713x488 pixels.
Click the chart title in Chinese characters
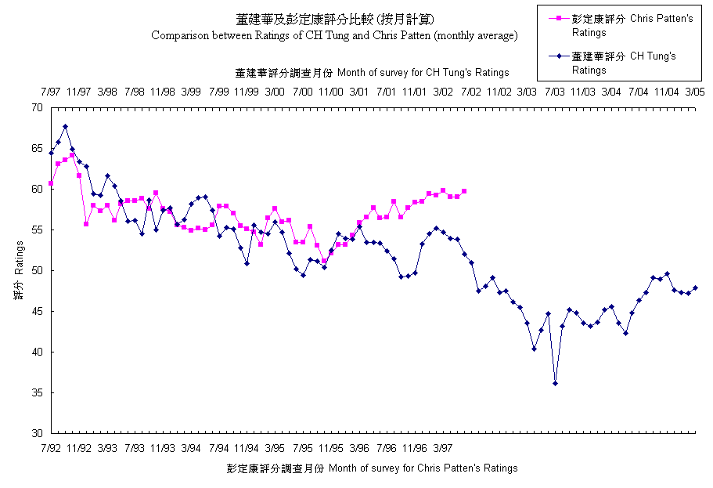click(x=334, y=19)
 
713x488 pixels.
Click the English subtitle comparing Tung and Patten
click(x=334, y=35)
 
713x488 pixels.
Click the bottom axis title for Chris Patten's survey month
click(x=372, y=468)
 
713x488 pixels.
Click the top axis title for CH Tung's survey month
click(x=372, y=72)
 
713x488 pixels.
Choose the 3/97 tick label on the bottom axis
click(x=443, y=448)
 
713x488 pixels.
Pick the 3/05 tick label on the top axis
click(x=695, y=92)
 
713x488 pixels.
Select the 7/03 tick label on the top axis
click(x=555, y=92)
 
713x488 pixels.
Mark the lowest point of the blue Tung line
click(x=555, y=383)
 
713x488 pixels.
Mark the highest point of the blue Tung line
click(x=65, y=126)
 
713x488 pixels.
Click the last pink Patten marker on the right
click(x=464, y=191)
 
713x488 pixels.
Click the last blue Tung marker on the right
click(x=695, y=287)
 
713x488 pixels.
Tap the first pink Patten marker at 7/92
click(x=51, y=183)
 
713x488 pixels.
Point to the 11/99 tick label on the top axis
click(x=247, y=92)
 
